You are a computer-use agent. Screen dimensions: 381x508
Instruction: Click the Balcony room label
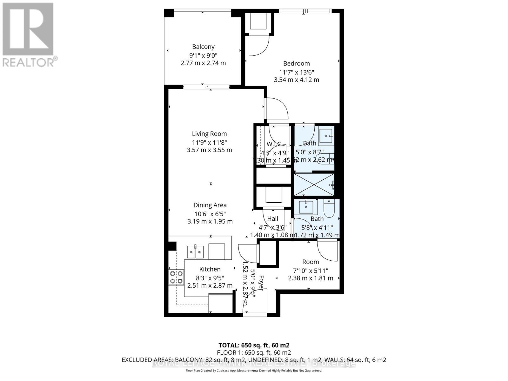click(x=203, y=47)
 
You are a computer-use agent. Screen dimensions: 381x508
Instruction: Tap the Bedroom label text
click(x=296, y=63)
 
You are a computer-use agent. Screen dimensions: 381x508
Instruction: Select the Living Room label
click(x=209, y=134)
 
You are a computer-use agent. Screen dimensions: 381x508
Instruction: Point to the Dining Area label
click(x=210, y=205)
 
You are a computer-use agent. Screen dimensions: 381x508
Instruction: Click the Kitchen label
click(x=210, y=269)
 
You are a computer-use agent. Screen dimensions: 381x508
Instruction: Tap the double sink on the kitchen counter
click(x=195, y=252)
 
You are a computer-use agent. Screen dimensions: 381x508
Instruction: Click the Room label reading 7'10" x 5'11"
click(x=310, y=262)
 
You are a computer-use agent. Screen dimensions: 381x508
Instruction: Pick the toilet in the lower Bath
click(x=329, y=208)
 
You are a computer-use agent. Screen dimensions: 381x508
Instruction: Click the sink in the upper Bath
click(x=326, y=136)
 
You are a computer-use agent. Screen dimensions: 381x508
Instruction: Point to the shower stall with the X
click(x=314, y=184)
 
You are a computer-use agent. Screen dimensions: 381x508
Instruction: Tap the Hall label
click(x=272, y=218)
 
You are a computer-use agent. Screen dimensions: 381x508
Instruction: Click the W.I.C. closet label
click(x=274, y=144)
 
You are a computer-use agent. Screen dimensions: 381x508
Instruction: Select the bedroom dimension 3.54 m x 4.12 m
click(x=296, y=80)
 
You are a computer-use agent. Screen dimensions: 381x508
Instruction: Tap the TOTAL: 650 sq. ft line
click(x=254, y=345)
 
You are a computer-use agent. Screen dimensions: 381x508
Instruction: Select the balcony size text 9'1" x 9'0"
click(x=203, y=55)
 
